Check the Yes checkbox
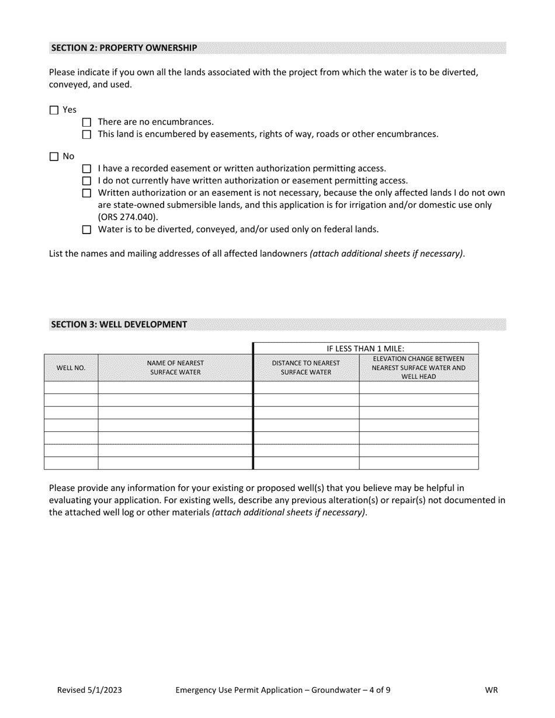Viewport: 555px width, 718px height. coord(54,110)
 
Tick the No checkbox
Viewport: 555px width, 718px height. coord(54,156)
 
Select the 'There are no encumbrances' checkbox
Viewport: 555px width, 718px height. coord(87,123)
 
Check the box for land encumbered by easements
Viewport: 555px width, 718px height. coord(87,135)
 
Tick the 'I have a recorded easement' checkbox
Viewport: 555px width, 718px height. coord(87,169)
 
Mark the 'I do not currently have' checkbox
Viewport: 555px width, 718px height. coord(87,182)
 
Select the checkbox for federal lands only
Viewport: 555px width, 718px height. coord(87,230)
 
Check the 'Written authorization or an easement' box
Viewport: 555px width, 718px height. coord(87,193)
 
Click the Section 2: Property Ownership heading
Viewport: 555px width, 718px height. coord(124,48)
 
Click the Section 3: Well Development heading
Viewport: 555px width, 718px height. coord(119,325)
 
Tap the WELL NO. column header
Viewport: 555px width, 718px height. coord(71,368)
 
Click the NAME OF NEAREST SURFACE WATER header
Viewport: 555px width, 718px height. coord(175,368)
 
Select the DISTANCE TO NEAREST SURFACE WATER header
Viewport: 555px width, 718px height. coord(306,368)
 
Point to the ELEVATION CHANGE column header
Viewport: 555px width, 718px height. coord(418,368)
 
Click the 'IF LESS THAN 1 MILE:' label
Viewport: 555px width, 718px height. coord(365,348)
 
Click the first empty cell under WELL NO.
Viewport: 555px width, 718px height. coord(71,388)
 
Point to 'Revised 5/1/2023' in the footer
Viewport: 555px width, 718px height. coord(89,690)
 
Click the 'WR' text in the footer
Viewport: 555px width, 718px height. coord(491,690)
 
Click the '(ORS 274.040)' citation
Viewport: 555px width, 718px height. coord(128,217)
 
